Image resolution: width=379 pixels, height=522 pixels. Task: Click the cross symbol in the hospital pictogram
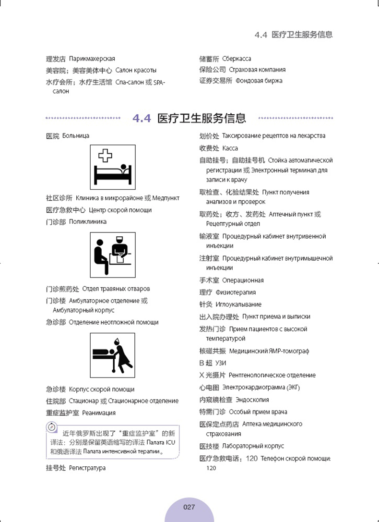(105, 155)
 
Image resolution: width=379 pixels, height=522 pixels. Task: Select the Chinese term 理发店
(56, 59)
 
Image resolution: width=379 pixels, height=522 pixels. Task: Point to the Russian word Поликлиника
(88, 222)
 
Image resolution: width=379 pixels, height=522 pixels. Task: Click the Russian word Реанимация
(99, 413)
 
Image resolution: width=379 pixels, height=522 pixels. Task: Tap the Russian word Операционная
(243, 280)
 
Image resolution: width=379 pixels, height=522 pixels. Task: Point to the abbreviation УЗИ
(221, 363)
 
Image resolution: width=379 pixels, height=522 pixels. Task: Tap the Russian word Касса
(230, 148)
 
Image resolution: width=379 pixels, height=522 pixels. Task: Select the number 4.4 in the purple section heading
(142, 118)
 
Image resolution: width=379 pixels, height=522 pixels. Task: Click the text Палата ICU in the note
(163, 442)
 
